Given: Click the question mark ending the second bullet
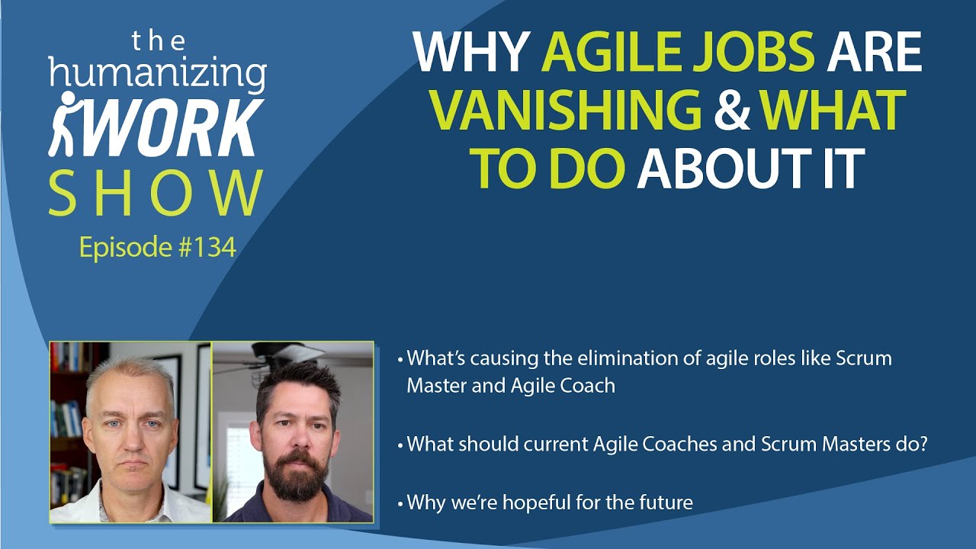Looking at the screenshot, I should pyautogui.click(x=922, y=444).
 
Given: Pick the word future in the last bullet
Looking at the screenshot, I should pyautogui.click(x=666, y=502).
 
